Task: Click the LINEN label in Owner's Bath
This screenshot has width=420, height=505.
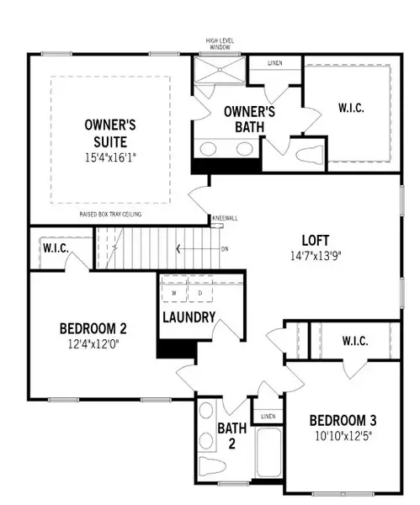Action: point(274,63)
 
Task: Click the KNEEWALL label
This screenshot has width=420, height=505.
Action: point(226,218)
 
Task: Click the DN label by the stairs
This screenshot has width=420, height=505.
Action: point(225,249)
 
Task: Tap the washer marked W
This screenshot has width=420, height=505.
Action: point(173,293)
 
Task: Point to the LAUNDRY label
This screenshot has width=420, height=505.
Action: point(189,317)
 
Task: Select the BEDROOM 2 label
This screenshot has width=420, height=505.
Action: point(93,328)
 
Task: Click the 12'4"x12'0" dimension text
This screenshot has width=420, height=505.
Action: point(93,343)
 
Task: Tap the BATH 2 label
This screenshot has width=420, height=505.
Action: point(231,435)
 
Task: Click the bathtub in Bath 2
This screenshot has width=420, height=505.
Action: point(268,459)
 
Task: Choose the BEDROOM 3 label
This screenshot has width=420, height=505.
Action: point(343,421)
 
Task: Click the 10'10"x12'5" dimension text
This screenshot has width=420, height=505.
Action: point(343,436)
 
